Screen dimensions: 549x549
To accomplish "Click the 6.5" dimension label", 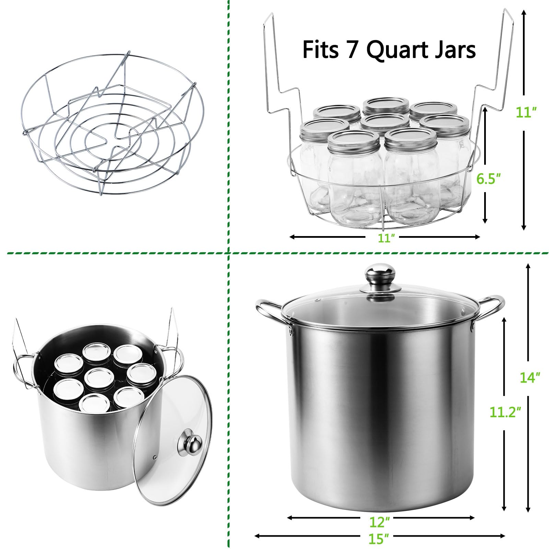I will [x=488, y=178].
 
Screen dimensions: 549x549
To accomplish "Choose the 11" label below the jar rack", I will [x=384, y=238].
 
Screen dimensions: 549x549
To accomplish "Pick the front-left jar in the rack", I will [x=353, y=178].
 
